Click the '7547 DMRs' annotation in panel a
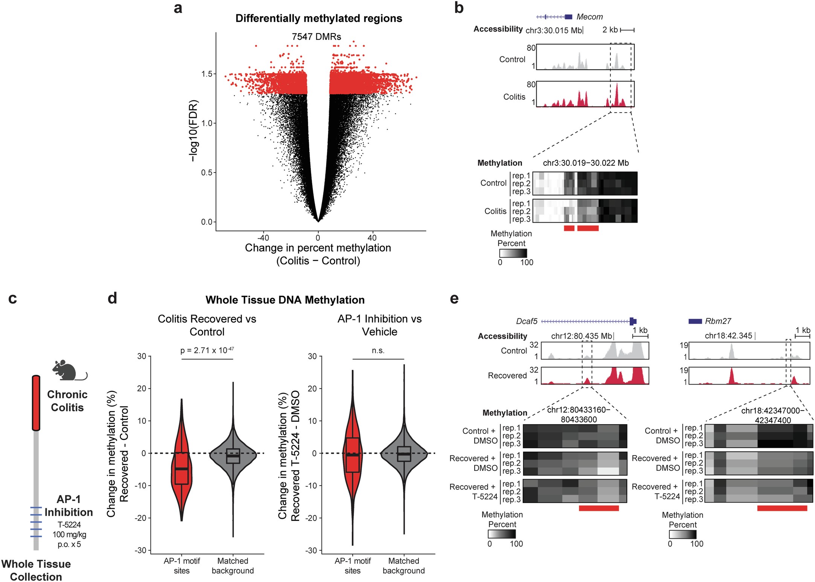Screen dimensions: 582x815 coord(316,37)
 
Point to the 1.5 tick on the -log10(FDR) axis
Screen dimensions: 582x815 coord(207,74)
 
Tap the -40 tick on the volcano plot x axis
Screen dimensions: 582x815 coord(263,238)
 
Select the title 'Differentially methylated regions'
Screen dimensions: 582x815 coord(319,18)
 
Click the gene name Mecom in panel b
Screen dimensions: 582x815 coord(589,17)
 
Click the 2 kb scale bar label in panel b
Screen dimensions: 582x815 coord(610,30)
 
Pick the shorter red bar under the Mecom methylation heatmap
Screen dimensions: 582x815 coord(569,228)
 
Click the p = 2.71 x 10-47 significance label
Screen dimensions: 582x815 coord(207,350)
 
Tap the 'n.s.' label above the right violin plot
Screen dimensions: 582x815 coord(378,351)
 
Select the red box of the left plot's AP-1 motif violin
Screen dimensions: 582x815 coord(182,468)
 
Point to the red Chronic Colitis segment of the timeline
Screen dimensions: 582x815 coord(36,403)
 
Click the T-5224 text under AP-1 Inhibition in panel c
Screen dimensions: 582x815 coord(69,525)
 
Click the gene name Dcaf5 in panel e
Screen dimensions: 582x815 coord(527,321)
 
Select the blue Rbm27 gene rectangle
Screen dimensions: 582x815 coord(695,321)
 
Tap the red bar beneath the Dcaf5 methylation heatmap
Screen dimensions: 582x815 coord(598,508)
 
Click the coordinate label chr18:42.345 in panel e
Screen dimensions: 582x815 coord(728,336)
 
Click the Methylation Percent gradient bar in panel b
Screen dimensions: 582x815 coord(513,253)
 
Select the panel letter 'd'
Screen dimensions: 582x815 coord(112,298)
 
